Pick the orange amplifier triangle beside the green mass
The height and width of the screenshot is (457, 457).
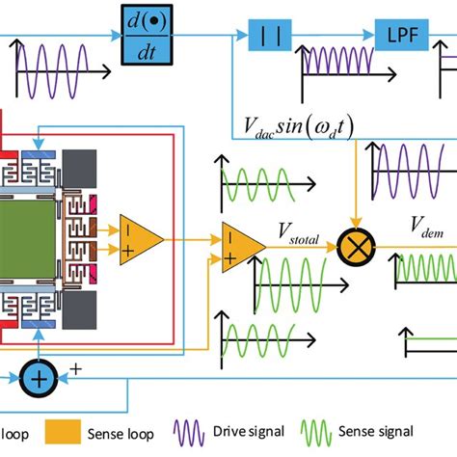pos(141,234)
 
